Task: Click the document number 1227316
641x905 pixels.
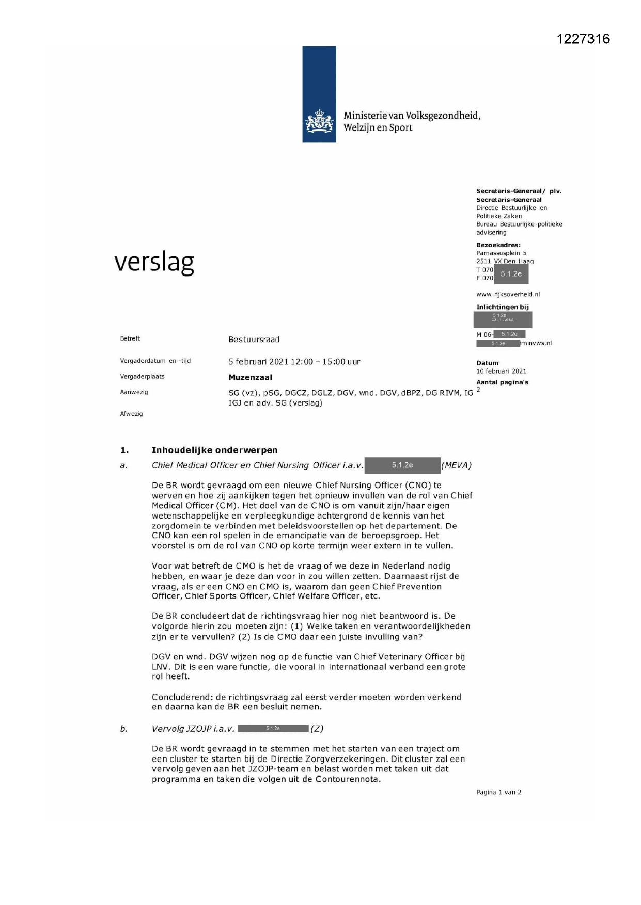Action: (x=583, y=39)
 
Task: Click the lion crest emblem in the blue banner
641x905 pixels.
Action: (x=319, y=122)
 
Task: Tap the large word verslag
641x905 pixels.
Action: (x=154, y=262)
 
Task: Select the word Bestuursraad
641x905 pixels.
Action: (x=254, y=340)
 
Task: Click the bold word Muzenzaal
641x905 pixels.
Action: (x=250, y=377)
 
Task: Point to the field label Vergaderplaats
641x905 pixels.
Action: (x=142, y=377)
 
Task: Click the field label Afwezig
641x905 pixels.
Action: (x=131, y=414)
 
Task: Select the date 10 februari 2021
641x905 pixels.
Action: (x=501, y=371)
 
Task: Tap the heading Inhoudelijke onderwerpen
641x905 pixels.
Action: (x=214, y=450)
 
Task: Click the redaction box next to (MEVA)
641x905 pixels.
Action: (x=402, y=465)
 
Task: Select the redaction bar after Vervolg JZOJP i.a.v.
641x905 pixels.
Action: (x=273, y=729)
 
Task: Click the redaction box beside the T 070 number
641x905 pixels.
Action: (x=511, y=274)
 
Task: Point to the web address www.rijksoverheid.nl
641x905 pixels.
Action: (x=508, y=294)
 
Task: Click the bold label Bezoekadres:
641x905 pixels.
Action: (x=498, y=245)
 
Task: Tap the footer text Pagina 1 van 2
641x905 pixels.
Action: (x=498, y=792)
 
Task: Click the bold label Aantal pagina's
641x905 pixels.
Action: (x=502, y=382)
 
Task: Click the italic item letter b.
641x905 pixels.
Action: (x=123, y=729)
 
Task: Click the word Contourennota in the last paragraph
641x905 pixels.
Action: (x=350, y=779)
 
